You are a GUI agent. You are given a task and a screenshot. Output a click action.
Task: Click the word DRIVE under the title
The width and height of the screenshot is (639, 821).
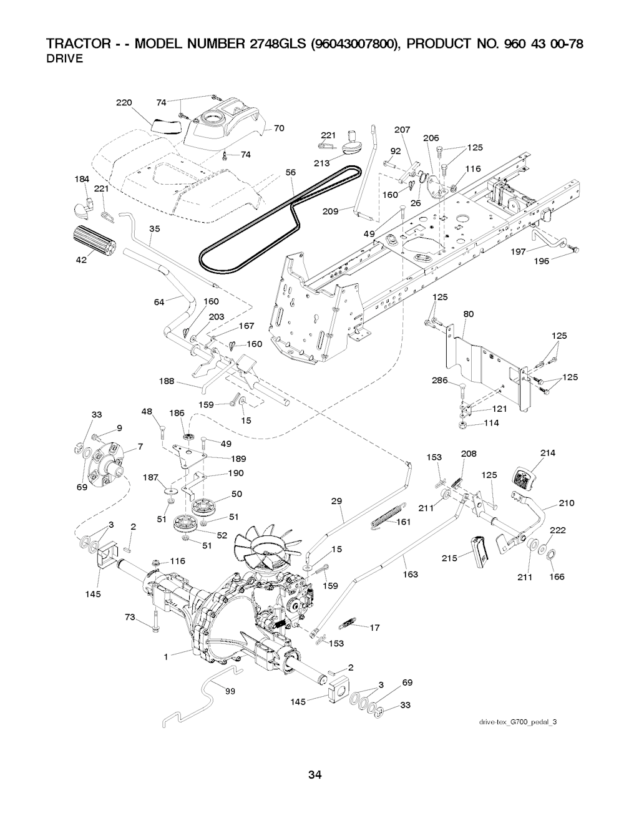click(66, 59)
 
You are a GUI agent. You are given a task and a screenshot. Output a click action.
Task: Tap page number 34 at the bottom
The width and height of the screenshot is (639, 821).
click(315, 775)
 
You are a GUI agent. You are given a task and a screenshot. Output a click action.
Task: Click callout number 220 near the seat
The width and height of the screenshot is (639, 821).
click(124, 103)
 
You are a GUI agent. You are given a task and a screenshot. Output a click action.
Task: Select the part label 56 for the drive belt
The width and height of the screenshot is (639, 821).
click(290, 173)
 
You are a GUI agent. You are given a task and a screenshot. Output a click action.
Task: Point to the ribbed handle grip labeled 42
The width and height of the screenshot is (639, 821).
click(91, 240)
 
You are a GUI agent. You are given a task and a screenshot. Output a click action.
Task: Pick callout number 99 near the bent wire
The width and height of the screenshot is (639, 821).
click(229, 698)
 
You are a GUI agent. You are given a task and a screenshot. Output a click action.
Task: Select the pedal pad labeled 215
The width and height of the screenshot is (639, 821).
click(479, 551)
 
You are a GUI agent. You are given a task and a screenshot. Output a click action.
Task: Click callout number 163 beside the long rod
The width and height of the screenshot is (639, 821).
click(411, 574)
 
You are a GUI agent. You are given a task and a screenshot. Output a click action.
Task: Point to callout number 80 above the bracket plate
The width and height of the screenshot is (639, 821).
click(469, 314)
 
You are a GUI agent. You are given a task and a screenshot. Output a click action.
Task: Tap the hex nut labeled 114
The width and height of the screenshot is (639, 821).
click(463, 424)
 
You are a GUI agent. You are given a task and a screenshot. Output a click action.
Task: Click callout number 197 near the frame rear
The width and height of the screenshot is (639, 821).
click(518, 251)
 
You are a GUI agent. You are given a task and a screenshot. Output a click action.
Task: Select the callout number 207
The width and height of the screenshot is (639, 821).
click(402, 130)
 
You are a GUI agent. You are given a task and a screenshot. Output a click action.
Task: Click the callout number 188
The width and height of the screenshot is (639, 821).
click(167, 381)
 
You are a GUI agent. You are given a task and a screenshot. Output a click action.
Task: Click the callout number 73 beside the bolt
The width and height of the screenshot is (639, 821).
click(130, 617)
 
